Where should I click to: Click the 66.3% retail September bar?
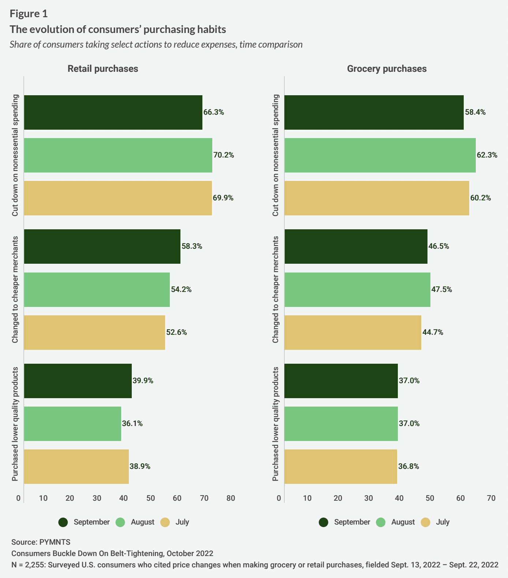(113, 112)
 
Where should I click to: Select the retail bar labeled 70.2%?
(118, 155)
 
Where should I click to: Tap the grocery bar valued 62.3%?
(380, 155)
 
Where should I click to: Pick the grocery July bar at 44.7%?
(352, 333)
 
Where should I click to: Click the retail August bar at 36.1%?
(72, 424)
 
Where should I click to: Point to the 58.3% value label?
(192, 247)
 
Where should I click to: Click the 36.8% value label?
(409, 467)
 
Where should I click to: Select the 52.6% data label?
(176, 333)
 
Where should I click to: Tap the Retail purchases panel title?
(103, 69)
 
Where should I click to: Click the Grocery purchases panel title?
(386, 69)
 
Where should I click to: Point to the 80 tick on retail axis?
(231, 498)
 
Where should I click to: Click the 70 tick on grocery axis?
(491, 498)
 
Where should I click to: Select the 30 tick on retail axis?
(97, 498)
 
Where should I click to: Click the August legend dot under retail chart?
(120, 522)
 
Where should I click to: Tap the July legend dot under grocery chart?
(425, 522)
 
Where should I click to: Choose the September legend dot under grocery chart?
(324, 522)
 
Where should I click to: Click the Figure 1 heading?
(29, 14)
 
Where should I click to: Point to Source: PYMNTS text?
(41, 542)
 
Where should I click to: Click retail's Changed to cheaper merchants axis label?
(15, 290)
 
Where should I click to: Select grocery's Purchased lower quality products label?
(276, 424)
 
